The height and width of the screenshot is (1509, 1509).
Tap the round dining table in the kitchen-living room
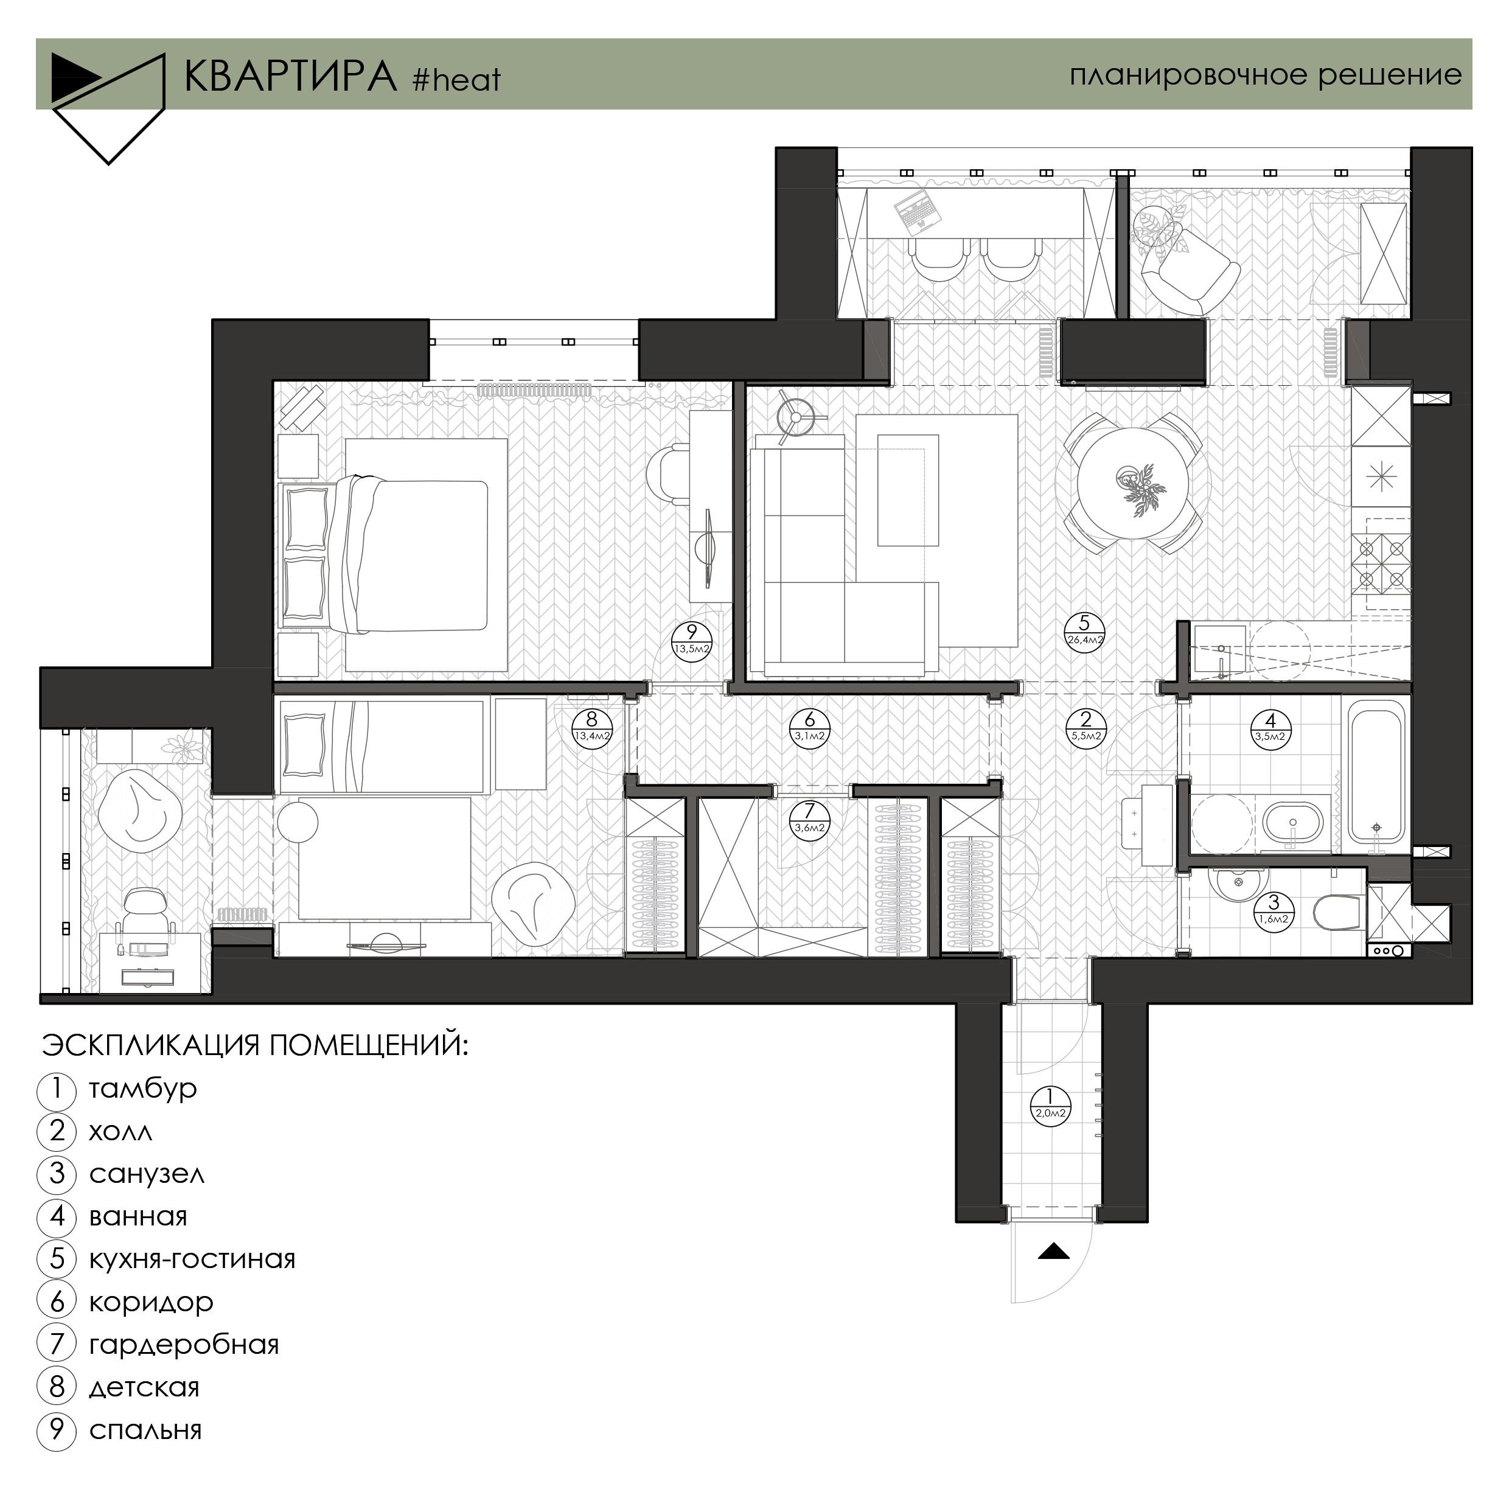(1134, 484)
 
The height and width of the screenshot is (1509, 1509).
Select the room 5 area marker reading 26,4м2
(1085, 632)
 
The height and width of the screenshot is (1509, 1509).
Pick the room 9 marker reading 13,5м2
(692, 641)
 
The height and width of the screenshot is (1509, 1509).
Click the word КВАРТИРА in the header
(291, 76)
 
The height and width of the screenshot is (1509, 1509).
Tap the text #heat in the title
(457, 80)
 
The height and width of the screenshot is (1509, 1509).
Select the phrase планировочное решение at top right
(1266, 75)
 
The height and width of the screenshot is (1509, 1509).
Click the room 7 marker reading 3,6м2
(810, 820)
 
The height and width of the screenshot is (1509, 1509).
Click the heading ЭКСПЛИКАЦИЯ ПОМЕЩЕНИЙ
(254, 1044)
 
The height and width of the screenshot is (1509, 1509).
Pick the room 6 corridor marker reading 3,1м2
(810, 728)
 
